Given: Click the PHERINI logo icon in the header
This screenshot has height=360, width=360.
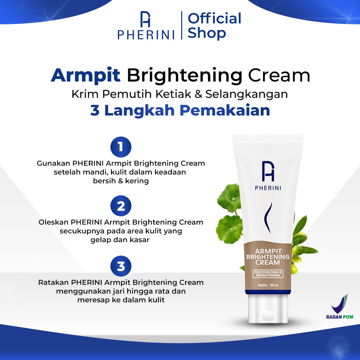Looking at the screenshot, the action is coord(145,19).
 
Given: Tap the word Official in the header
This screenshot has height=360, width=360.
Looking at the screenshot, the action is coord(214,19).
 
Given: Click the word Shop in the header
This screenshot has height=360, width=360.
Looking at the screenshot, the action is coord(207,33).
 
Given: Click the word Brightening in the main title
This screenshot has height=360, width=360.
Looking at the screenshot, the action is coord(184,76).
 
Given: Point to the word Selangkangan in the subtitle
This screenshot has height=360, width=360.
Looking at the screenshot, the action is coord(246,94).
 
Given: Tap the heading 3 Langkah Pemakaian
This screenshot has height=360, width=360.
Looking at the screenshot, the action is coord(180,111).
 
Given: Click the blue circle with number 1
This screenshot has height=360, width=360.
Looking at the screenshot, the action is coord(121,147).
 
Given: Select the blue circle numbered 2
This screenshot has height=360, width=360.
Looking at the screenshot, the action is coord(121,206).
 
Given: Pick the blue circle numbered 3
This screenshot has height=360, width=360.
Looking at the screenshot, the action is coord(121,266).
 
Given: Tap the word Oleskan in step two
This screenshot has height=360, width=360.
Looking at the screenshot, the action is coord(54,222).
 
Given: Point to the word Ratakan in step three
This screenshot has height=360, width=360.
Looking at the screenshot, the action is coord(53,282).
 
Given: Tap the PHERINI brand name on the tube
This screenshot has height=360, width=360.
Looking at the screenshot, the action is coord(268,188).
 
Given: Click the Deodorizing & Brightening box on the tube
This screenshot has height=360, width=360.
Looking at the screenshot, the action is coord(268,274).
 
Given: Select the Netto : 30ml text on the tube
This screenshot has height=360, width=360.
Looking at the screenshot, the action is coord(268,285).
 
